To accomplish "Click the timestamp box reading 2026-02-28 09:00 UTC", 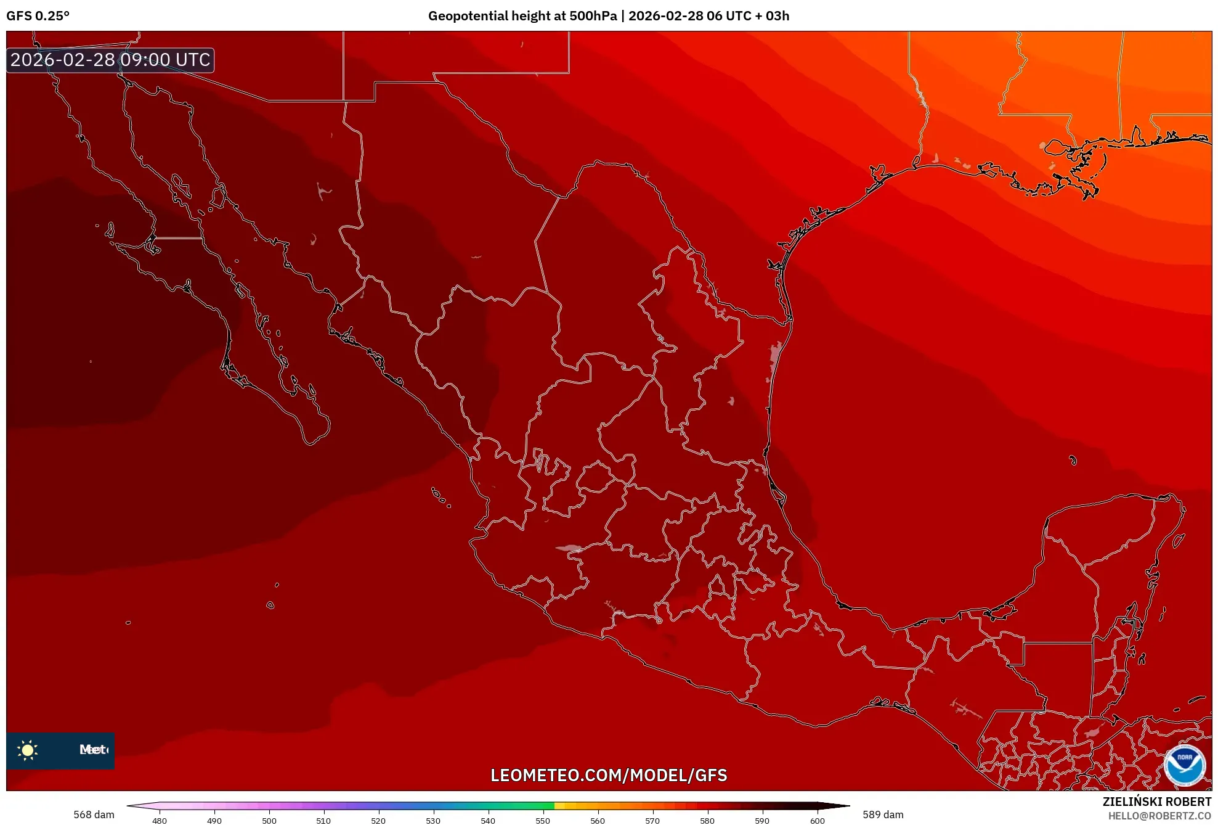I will pyautogui.click(x=110, y=60).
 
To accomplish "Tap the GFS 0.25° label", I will pyautogui.click(x=38, y=16).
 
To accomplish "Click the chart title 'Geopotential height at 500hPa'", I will pyautogui.click(x=522, y=16).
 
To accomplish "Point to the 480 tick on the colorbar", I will pyautogui.click(x=160, y=820).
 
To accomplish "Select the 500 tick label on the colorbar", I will pyautogui.click(x=269, y=820).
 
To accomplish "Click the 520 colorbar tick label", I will pyautogui.click(x=378, y=820).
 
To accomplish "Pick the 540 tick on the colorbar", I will pyautogui.click(x=488, y=820).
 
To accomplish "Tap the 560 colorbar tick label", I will pyautogui.click(x=598, y=820).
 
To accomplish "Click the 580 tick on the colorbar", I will pyautogui.click(x=707, y=820).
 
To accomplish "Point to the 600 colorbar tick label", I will pyautogui.click(x=817, y=820).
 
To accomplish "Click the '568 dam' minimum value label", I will pyautogui.click(x=94, y=815).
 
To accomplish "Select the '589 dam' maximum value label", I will pyautogui.click(x=883, y=815).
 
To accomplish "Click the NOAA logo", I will pyautogui.click(x=1184, y=765).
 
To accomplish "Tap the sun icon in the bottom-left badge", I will pyautogui.click(x=28, y=750).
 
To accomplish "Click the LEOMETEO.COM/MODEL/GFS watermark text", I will pyautogui.click(x=609, y=775).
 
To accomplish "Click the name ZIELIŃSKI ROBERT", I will pyautogui.click(x=1156, y=802).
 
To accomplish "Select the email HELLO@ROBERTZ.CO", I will pyautogui.click(x=1159, y=816).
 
